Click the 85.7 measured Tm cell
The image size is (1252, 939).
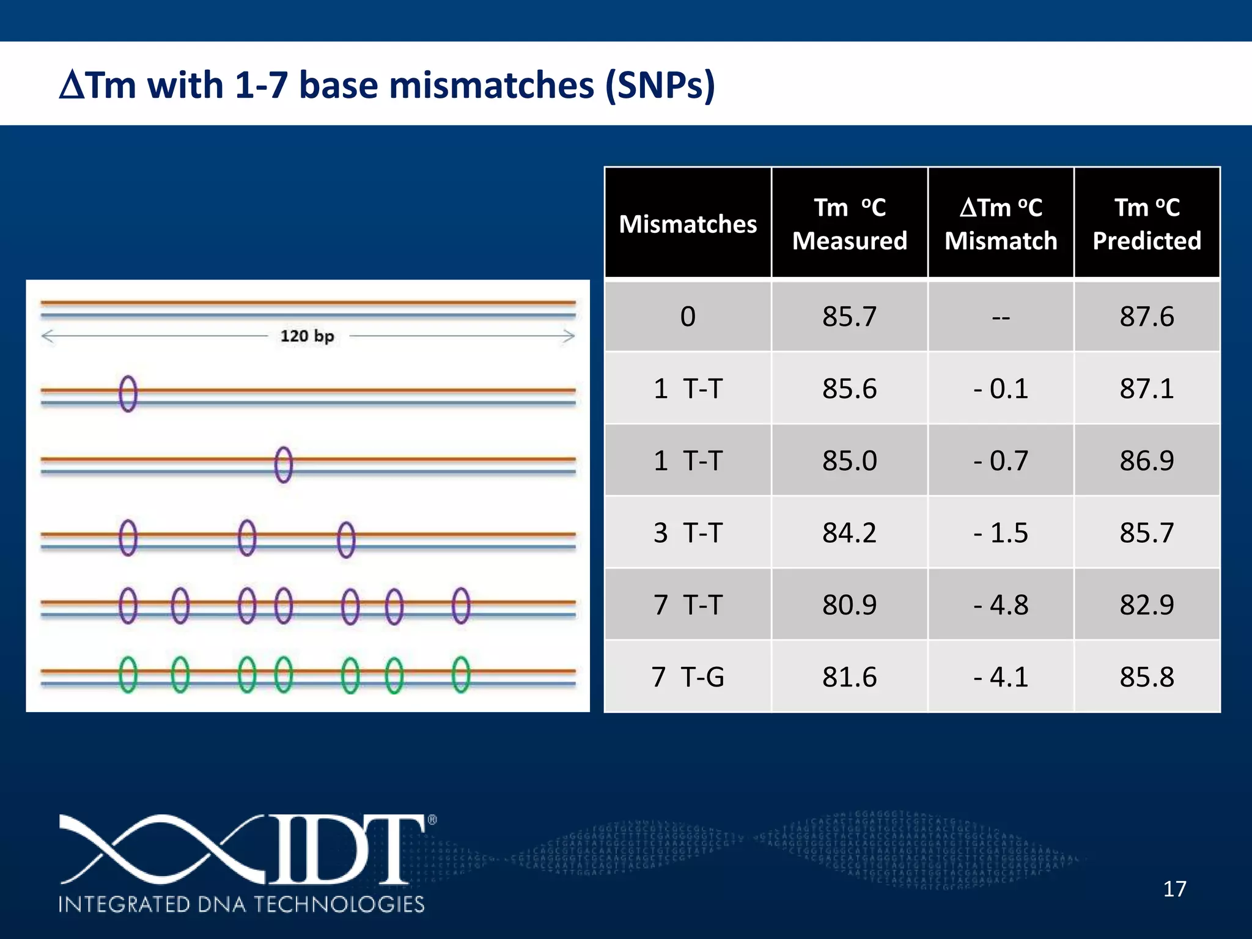click(849, 317)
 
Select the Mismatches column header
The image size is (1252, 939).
click(688, 224)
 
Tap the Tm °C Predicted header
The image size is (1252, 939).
click(1147, 224)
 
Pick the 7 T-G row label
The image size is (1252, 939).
click(688, 677)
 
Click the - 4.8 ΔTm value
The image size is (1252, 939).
click(1001, 605)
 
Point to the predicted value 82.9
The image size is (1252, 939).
click(1147, 605)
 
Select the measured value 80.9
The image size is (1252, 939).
click(849, 605)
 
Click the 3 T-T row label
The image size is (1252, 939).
click(688, 532)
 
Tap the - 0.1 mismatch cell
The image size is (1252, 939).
click(1001, 389)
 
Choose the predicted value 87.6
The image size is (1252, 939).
click(1147, 317)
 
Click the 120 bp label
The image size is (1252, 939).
click(307, 336)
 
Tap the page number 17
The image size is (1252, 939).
click(1174, 889)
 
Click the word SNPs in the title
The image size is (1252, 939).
click(659, 85)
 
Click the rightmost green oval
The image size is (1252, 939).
click(461, 674)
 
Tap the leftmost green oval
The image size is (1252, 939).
click(128, 674)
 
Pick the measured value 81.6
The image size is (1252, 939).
click(849, 677)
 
